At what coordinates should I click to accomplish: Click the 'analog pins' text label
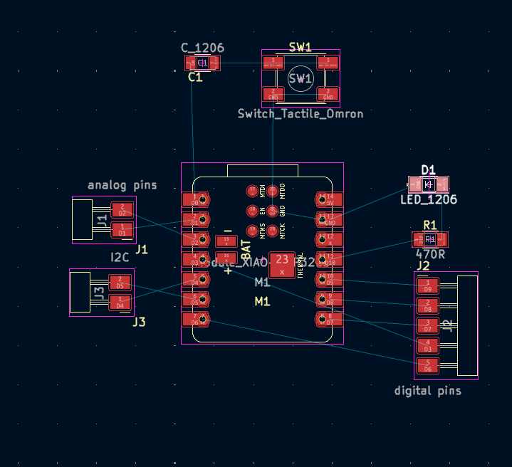(x=122, y=185)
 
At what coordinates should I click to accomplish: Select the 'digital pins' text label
(x=427, y=391)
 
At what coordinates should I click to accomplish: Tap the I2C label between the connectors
(x=119, y=256)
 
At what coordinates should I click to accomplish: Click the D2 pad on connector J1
(x=122, y=209)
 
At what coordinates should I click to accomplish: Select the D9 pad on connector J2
(x=427, y=286)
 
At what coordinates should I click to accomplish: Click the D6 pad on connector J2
(x=427, y=366)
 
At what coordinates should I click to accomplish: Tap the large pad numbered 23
(x=283, y=264)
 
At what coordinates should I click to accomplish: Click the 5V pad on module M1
(x=329, y=199)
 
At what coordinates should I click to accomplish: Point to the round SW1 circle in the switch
(x=300, y=78)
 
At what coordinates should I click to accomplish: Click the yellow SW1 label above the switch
(x=300, y=47)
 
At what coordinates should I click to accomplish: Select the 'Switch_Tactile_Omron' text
(x=300, y=114)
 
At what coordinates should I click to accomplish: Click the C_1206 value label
(x=202, y=48)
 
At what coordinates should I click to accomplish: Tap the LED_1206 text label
(x=429, y=200)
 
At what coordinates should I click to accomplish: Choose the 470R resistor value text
(x=430, y=253)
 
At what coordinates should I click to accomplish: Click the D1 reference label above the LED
(x=428, y=169)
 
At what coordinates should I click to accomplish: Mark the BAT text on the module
(x=246, y=248)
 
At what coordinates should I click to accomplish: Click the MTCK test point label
(x=283, y=231)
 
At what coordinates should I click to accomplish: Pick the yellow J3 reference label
(x=138, y=322)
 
